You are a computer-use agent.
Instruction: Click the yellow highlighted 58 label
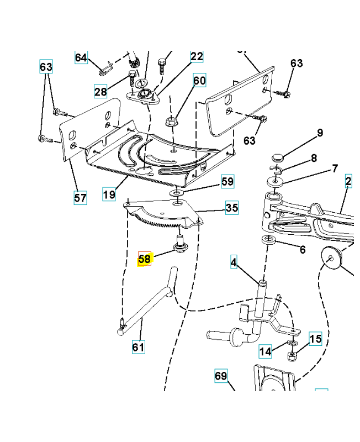[144, 259]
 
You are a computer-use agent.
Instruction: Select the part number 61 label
[137, 347]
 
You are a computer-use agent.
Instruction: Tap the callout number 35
[231, 208]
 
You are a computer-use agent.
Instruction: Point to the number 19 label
[109, 194]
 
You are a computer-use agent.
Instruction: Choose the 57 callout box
[81, 197]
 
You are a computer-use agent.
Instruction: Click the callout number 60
[199, 81]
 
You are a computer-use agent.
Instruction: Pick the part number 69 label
[221, 376]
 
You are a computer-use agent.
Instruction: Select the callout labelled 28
[100, 92]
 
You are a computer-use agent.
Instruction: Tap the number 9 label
[319, 133]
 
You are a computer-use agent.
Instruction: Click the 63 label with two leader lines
[46, 67]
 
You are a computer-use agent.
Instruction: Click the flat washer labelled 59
[176, 192]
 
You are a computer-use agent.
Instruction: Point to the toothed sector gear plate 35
[160, 215]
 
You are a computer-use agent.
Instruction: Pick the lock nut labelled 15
[292, 354]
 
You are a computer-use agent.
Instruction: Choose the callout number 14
[266, 351]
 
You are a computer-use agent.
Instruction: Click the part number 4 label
[234, 263]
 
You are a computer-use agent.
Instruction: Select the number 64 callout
[81, 57]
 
